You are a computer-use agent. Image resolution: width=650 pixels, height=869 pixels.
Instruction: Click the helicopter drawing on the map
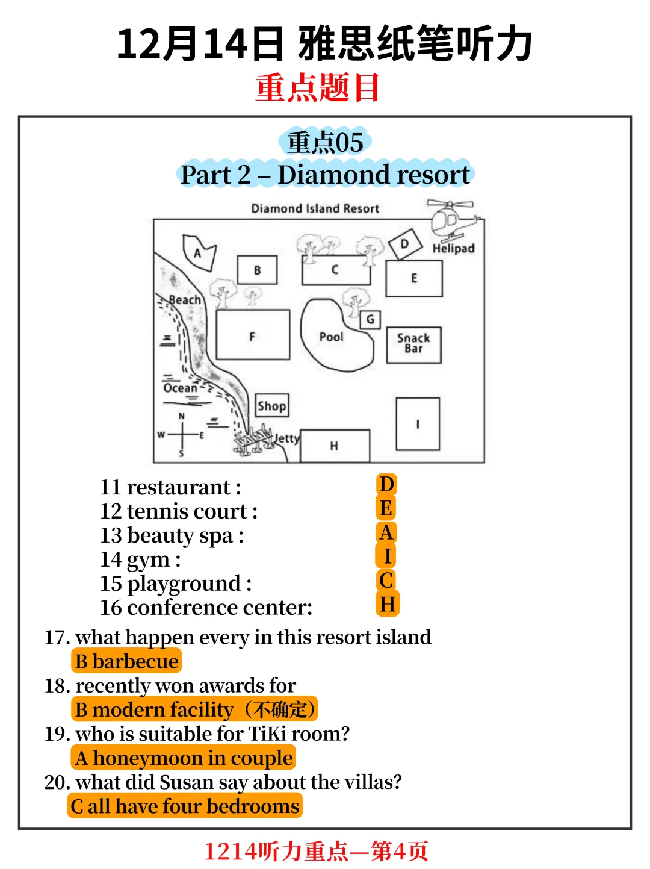point(453,220)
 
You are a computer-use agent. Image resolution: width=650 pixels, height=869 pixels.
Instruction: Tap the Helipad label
point(453,249)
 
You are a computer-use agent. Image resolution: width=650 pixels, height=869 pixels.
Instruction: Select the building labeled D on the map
point(405,244)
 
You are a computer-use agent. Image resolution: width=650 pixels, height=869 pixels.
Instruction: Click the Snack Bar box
point(414,345)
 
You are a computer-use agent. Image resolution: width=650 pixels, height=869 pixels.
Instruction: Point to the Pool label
point(331,337)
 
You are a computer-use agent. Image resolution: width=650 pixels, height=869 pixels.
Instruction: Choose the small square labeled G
point(370,320)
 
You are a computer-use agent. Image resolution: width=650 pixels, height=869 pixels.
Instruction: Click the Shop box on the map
point(272,405)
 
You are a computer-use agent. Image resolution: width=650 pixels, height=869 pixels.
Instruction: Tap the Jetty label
point(287,438)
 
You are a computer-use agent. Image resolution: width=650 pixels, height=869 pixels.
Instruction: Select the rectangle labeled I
point(418,424)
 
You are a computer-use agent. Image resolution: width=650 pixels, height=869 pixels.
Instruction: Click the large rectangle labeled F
point(253,335)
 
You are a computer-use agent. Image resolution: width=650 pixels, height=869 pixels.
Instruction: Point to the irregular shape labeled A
point(199,252)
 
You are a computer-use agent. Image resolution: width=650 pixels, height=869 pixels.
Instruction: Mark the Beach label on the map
point(185,300)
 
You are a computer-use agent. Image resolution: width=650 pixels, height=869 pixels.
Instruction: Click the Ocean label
point(180,388)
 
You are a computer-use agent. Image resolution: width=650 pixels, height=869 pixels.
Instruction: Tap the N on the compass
point(181,416)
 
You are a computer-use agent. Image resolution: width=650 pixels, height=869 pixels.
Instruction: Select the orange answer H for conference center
point(388,604)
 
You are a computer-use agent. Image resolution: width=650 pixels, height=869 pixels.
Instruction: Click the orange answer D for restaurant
point(386,484)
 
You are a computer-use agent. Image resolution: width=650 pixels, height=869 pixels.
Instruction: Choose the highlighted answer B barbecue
point(126,661)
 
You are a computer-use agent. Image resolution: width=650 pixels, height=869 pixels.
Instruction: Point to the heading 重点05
point(325,142)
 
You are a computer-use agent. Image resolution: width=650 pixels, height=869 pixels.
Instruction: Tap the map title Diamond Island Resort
point(315,208)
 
